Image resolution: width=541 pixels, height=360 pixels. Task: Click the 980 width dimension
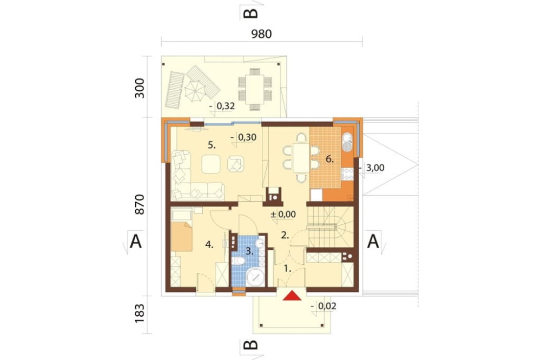[261, 34]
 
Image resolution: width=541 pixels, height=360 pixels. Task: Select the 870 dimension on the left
[140, 204]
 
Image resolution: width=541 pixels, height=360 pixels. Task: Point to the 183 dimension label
[140, 313]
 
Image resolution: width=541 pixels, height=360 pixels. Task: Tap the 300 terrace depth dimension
[140, 88]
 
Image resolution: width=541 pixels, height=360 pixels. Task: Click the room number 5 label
[212, 145]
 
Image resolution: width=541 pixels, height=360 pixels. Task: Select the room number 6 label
[330, 159]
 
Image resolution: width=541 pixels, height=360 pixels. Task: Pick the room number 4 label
[209, 244]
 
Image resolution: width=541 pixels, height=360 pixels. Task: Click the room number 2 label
[285, 235]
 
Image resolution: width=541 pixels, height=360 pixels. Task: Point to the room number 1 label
[287, 268]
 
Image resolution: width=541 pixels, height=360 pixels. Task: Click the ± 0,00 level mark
[283, 214]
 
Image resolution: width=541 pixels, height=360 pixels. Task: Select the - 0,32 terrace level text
[222, 106]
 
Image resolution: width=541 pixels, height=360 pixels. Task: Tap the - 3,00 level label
[371, 168]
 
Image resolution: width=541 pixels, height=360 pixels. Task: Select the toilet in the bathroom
[239, 262]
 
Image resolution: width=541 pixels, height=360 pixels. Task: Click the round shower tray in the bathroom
[256, 276]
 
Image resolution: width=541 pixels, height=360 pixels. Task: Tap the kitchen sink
[347, 142]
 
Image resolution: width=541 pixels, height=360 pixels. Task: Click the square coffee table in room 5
[211, 164]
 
